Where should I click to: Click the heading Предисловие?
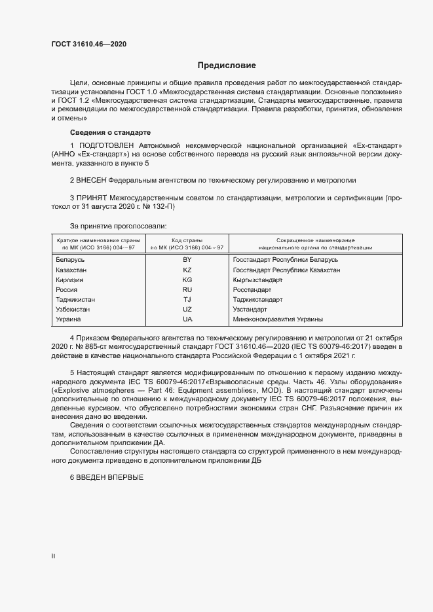tap(227, 65)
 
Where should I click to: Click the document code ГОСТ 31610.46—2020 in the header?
tap(89, 44)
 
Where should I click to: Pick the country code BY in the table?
tap(187, 259)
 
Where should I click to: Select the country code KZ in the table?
tap(187, 270)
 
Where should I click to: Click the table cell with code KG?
tap(187, 279)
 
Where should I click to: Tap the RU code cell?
tap(187, 289)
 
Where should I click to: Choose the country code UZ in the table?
tap(187, 309)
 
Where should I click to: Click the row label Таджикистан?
tap(77, 299)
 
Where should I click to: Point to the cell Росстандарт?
tap(252, 289)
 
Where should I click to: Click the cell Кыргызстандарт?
tap(257, 279)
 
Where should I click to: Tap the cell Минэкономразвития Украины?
tap(278, 319)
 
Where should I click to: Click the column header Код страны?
tap(187, 241)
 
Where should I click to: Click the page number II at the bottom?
tap(53, 556)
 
